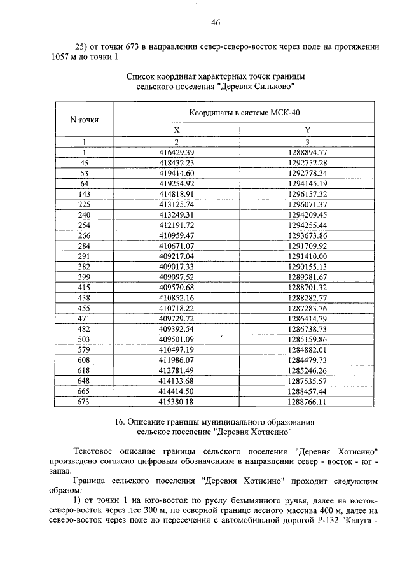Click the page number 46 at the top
click(215, 22)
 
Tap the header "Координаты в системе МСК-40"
click(244, 112)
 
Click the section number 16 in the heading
click(120, 421)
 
